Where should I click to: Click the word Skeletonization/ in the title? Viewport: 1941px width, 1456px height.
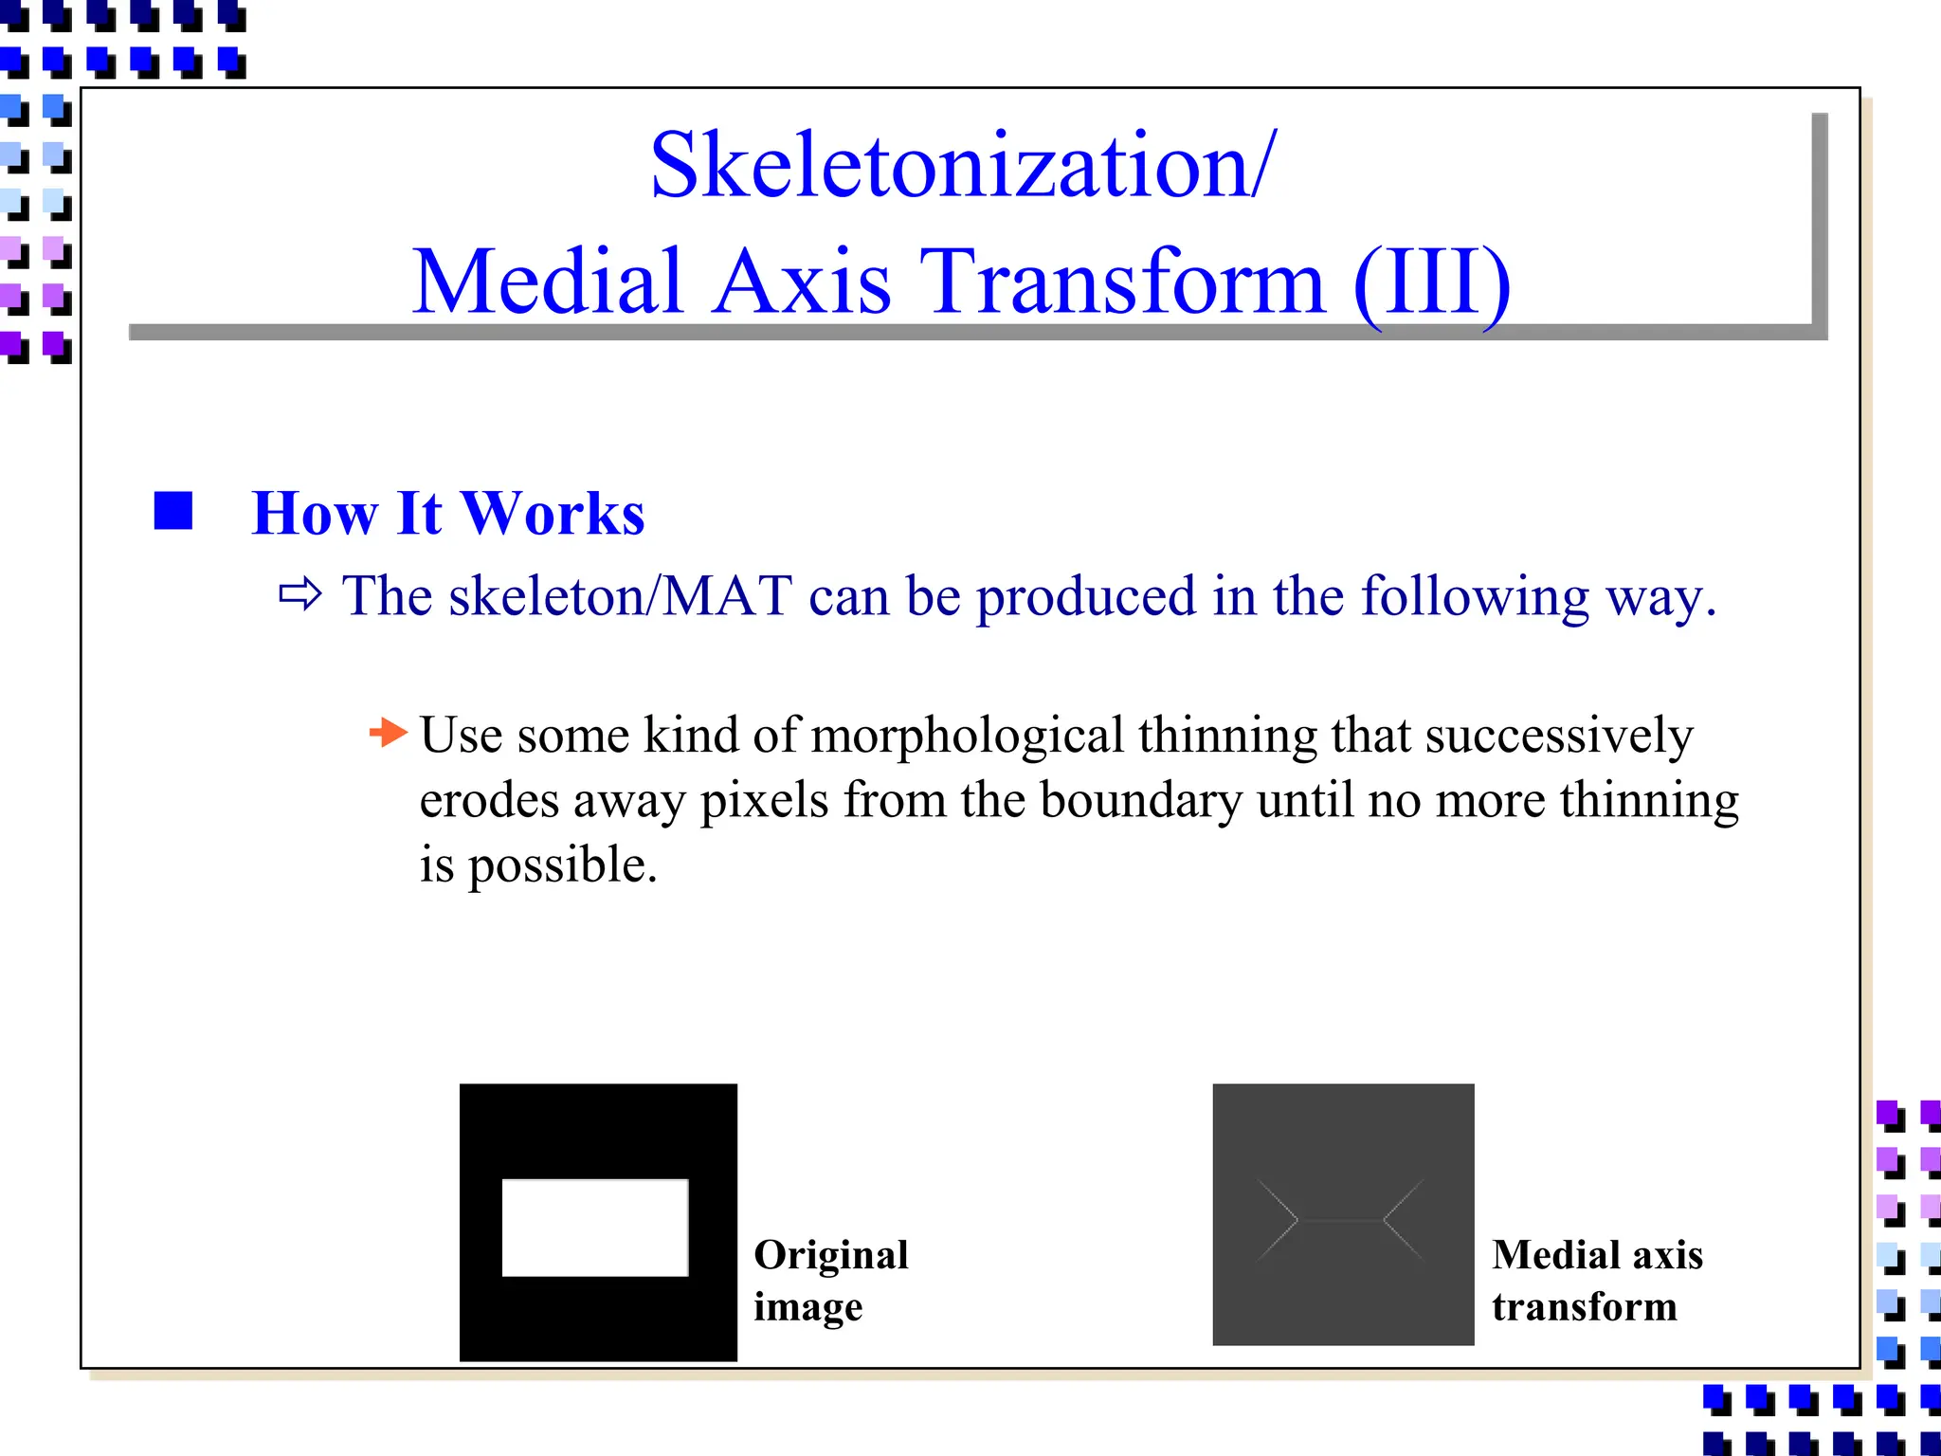click(x=962, y=166)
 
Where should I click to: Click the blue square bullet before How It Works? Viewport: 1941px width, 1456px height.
click(x=173, y=511)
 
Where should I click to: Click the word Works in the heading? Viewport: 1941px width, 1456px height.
click(x=553, y=514)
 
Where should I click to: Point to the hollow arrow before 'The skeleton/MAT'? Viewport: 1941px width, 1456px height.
click(x=300, y=595)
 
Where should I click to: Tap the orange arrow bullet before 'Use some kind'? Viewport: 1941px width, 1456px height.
click(x=388, y=732)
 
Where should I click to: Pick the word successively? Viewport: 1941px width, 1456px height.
click(x=1558, y=737)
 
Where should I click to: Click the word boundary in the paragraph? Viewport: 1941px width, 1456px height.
click(x=1141, y=801)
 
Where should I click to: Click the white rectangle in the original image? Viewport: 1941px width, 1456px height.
click(x=594, y=1227)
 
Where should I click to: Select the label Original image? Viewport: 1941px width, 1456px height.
click(x=830, y=1280)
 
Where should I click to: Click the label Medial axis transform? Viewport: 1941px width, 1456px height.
click(x=1596, y=1280)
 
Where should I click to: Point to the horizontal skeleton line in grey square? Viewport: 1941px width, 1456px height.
click(x=1340, y=1221)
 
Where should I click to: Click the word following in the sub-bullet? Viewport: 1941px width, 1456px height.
click(x=1474, y=597)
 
